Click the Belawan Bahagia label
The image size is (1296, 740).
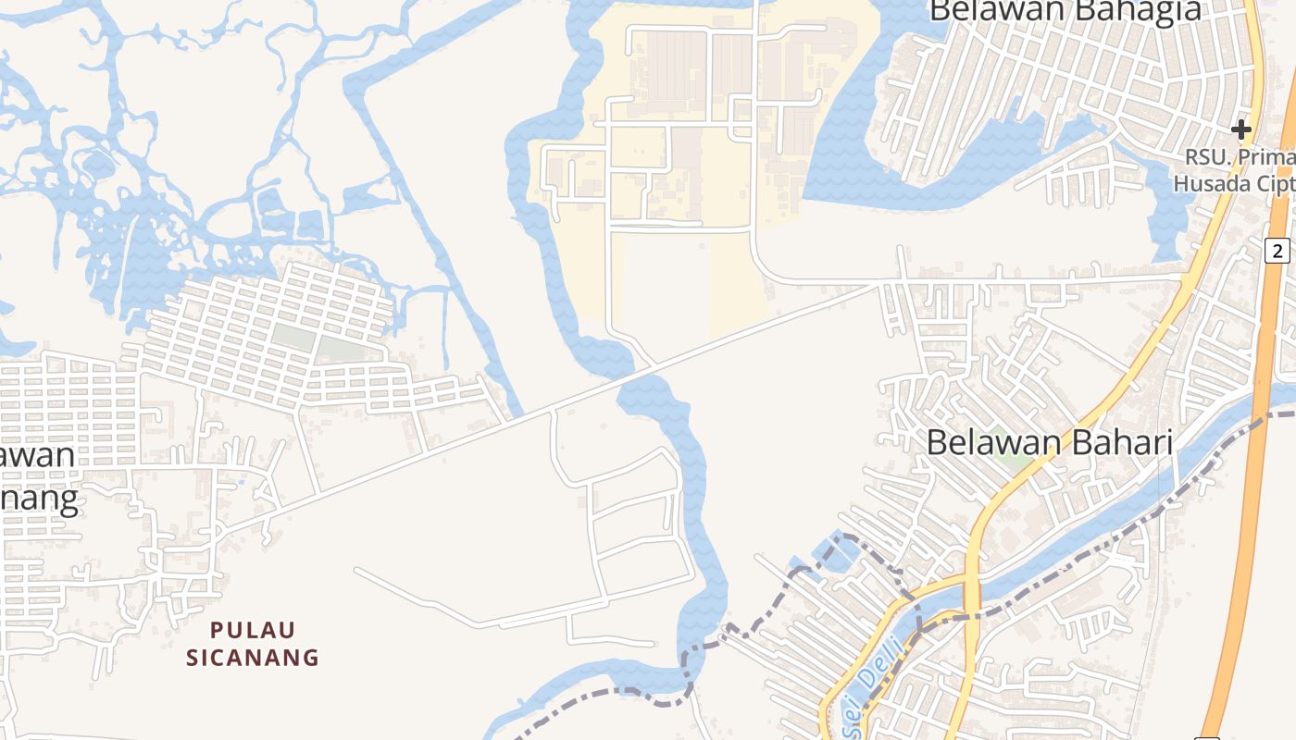[x=1065, y=11]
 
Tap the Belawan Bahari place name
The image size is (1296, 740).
[x=1049, y=443]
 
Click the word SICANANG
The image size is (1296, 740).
[x=253, y=658]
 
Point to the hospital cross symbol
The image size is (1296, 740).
[x=1241, y=129]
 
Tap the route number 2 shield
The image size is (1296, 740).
[x=1278, y=250]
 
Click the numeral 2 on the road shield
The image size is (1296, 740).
[x=1278, y=250]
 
